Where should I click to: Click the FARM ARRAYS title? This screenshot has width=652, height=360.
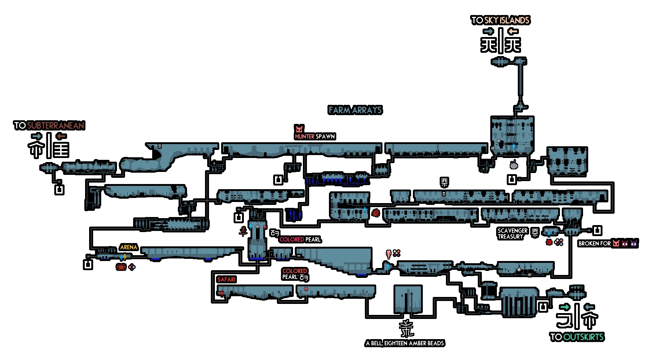[355, 110]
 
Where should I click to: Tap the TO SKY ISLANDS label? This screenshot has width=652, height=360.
[500, 20]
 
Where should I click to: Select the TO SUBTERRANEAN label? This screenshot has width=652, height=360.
[49, 125]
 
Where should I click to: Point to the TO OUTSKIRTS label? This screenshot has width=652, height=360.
[576, 337]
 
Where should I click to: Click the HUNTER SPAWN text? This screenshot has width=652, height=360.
[315, 136]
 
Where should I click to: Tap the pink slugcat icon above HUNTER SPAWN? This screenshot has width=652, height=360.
[299, 129]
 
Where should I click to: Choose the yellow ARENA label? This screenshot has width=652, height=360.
[129, 247]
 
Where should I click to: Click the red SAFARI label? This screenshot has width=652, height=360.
[226, 279]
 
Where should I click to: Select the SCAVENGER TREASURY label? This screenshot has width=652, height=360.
[512, 234]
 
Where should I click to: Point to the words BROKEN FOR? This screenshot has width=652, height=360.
[594, 243]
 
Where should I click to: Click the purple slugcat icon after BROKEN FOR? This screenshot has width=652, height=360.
[634, 243]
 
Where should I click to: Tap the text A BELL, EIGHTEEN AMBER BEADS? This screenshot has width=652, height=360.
[405, 343]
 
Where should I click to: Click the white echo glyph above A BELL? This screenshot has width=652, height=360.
[406, 328]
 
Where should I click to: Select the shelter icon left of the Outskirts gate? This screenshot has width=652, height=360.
[543, 307]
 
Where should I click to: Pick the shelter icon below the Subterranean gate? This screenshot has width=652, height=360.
[59, 190]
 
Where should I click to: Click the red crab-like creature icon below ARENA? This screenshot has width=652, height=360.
[121, 267]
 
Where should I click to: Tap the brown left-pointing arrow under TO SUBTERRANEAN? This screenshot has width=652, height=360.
[61, 136]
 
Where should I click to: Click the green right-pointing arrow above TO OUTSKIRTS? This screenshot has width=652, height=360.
[565, 307]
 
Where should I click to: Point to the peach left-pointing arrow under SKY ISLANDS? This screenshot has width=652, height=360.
[513, 31]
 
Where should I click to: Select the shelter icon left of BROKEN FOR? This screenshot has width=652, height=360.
[597, 231]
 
